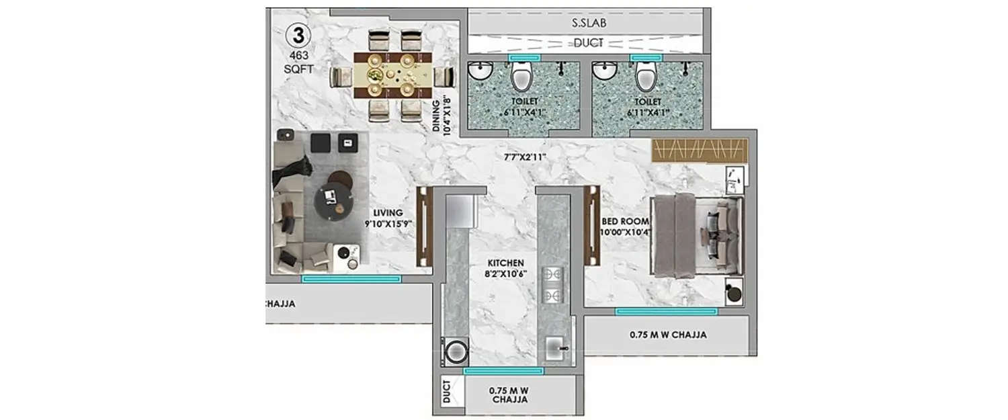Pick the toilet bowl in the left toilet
(521, 77)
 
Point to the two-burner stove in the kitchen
(552, 285)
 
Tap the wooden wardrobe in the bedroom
(699, 150)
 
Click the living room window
(351, 278)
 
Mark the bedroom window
(666, 311)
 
